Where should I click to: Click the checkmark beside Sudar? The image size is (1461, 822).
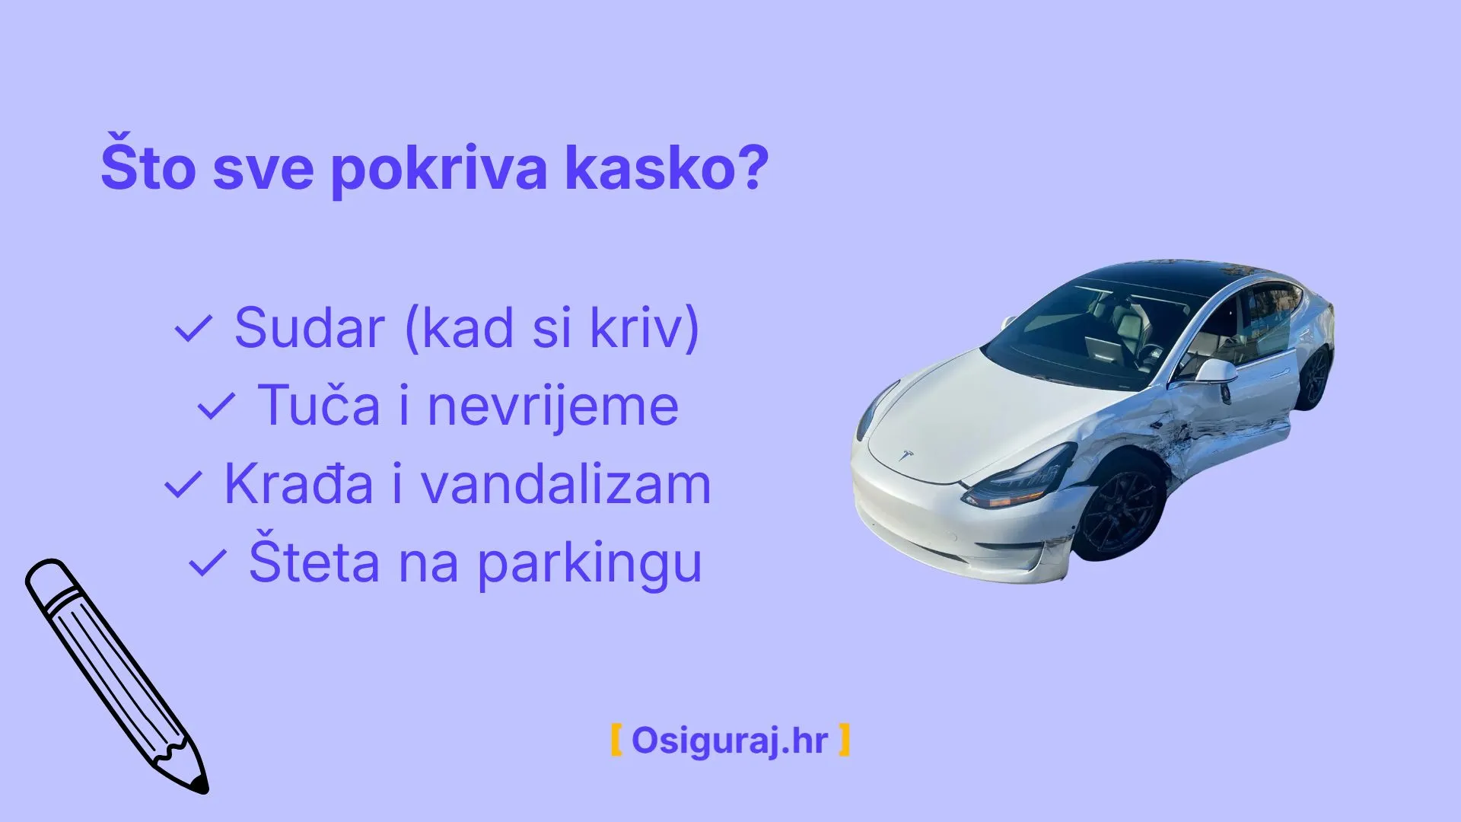[193, 330]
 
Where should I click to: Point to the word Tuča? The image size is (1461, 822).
[319, 406]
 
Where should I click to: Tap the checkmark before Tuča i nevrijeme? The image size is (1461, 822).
[216, 406]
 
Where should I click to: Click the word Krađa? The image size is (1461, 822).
[298, 485]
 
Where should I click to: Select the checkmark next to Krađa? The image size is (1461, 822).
[183, 485]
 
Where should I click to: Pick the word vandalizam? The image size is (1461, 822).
[566, 485]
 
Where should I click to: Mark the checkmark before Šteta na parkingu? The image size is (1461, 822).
[207, 563]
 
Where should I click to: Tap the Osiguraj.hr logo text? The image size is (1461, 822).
[729, 740]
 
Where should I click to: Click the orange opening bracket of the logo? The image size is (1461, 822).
[616, 740]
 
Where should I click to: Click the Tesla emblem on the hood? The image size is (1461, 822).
[906, 456]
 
